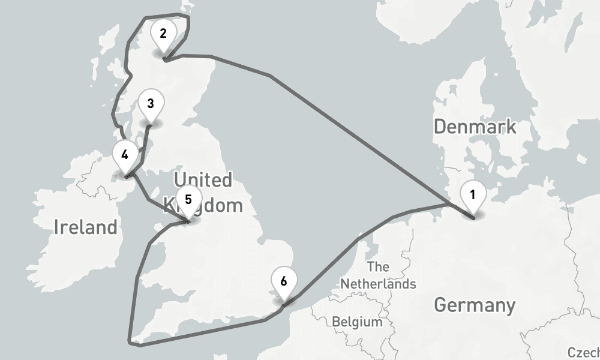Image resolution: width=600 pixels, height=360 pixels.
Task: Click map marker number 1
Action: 473,196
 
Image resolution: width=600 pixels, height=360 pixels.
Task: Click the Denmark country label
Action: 474,127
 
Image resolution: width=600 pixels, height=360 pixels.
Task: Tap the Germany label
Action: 474,305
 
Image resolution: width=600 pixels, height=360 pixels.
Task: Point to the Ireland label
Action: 85,227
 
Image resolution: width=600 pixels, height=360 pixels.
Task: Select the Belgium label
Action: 357,322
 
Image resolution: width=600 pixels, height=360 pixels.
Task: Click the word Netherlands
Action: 378,284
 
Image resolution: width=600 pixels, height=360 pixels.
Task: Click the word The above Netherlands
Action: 378,266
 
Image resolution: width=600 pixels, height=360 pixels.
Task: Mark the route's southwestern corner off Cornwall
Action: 131,343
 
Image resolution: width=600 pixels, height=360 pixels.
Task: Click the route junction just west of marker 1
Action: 447,204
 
